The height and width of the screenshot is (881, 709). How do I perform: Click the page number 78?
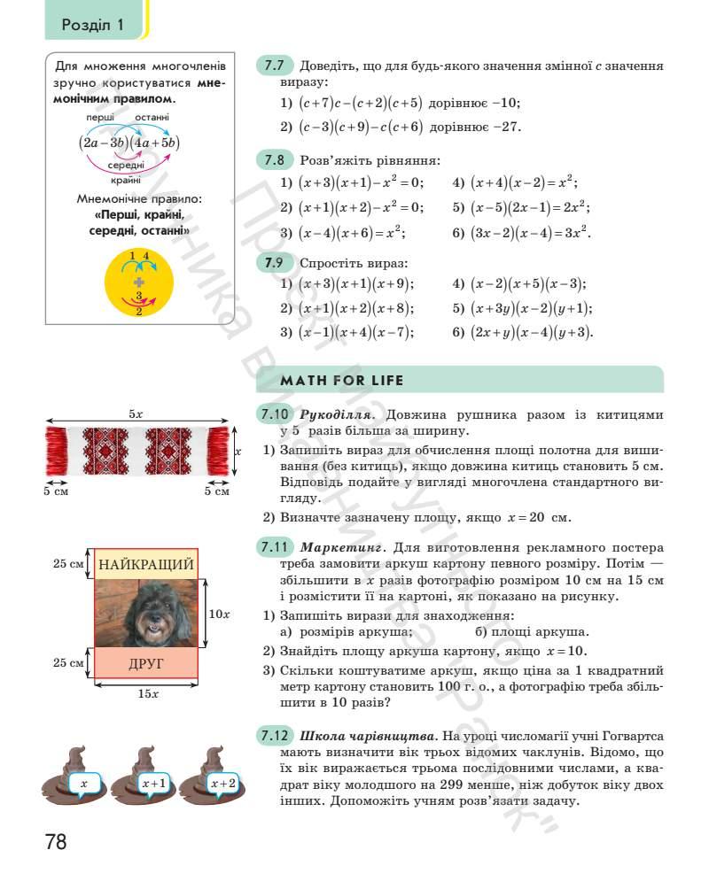[56, 840]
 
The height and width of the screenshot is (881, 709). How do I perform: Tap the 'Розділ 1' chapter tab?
[93, 25]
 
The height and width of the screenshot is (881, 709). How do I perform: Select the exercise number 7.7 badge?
[273, 66]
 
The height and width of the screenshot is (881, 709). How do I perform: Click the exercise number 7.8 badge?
[273, 161]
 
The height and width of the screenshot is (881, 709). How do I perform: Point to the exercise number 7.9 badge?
[273, 263]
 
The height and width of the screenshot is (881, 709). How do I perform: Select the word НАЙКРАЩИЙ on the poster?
[145, 564]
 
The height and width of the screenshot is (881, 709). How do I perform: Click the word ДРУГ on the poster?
[146, 663]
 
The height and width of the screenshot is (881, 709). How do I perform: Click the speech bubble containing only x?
[83, 784]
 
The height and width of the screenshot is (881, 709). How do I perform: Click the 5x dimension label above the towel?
[136, 413]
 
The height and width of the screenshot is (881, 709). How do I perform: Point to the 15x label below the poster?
[147, 694]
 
